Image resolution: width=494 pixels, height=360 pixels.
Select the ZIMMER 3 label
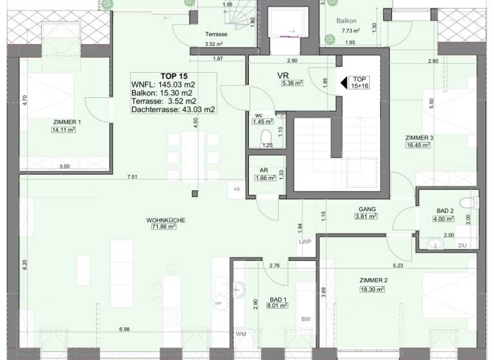(419, 138)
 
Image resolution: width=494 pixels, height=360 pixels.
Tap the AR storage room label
(264, 170)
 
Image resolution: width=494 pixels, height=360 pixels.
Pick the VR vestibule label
(282, 75)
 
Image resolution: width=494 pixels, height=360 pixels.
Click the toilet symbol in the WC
(266, 137)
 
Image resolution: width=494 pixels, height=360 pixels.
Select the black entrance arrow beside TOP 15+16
(343, 82)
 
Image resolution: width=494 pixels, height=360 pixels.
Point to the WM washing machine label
(241, 334)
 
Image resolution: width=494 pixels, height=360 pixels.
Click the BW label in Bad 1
(306, 321)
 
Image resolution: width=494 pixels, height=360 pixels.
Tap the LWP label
(304, 242)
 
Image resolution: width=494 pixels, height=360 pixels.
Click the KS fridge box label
(237, 189)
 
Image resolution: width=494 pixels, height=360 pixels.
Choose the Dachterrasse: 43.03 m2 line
(172, 110)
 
